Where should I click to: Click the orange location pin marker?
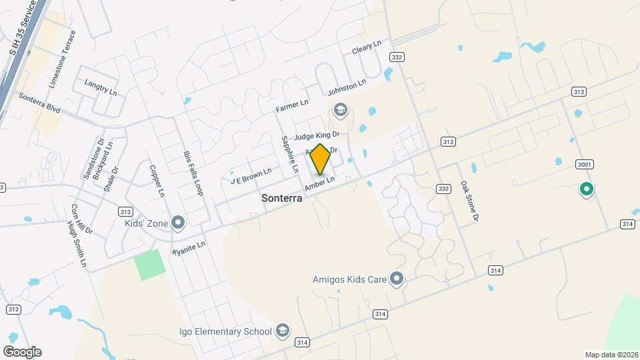320,159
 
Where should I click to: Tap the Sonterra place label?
282,198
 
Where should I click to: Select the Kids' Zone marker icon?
178,223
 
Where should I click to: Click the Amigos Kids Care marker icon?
397,279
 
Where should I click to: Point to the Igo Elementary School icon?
283,331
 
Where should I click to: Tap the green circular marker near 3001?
587,190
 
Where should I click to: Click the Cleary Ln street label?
367,47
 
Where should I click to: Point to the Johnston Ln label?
347,87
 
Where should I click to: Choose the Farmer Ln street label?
292,106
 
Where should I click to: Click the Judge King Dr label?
317,135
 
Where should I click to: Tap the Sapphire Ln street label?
289,153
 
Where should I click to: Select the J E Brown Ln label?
251,176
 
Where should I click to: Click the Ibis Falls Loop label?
192,171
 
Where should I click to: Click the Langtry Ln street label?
101,87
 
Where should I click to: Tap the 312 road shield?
13,309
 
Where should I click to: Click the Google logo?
22,351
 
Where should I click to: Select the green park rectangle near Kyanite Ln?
149,265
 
